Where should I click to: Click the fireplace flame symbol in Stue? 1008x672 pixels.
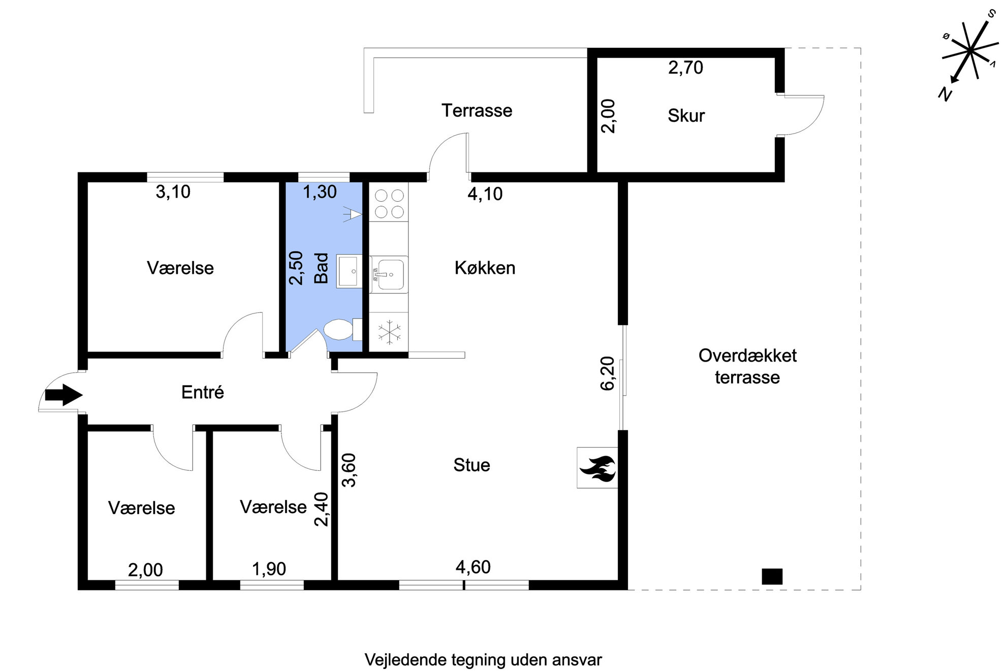[597, 468]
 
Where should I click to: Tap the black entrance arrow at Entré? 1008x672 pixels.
[64, 395]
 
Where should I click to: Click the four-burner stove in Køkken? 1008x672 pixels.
[389, 203]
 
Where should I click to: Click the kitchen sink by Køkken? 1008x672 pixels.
[389, 275]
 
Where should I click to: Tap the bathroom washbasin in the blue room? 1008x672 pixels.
[349, 272]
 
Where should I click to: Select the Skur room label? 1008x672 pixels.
[686, 116]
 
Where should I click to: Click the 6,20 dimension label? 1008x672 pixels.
[608, 373]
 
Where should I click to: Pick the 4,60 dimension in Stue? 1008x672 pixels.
[473, 567]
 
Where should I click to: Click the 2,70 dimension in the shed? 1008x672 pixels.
[685, 68]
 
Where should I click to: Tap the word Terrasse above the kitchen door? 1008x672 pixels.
[477, 110]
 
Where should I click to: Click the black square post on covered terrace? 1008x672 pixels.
[772, 577]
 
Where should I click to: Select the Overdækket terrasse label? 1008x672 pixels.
[747, 366]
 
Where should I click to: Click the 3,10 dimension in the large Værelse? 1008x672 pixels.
[173, 191]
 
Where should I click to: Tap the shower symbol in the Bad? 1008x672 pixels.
[353, 215]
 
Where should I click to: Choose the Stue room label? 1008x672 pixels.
[471, 465]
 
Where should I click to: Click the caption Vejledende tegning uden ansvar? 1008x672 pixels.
[483, 660]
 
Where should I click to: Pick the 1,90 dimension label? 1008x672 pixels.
[269, 569]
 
